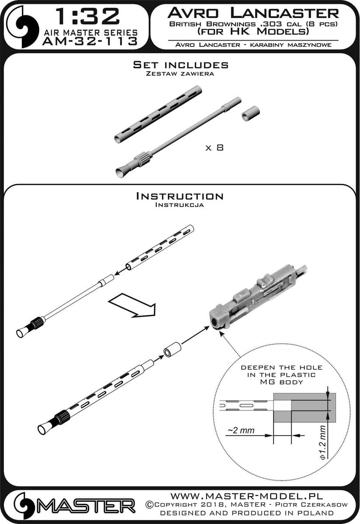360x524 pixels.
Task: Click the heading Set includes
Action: coord(180,65)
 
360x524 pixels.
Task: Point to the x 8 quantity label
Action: coord(215,148)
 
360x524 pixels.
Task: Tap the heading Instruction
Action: coord(180,196)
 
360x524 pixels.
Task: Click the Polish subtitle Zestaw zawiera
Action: coord(180,74)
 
